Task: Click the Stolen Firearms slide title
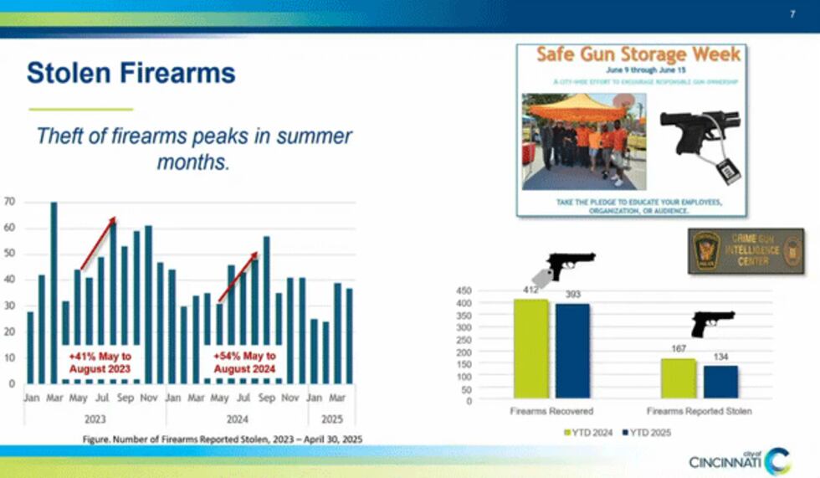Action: point(131,73)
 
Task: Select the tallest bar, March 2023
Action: point(54,292)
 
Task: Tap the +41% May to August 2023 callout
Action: point(100,362)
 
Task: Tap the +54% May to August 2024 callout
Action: point(244,362)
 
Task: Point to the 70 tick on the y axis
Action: point(9,202)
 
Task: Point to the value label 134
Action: point(720,357)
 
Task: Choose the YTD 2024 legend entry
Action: point(590,433)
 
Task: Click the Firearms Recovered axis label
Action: point(551,411)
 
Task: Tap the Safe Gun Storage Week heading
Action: point(638,55)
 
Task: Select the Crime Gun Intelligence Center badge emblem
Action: point(706,250)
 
